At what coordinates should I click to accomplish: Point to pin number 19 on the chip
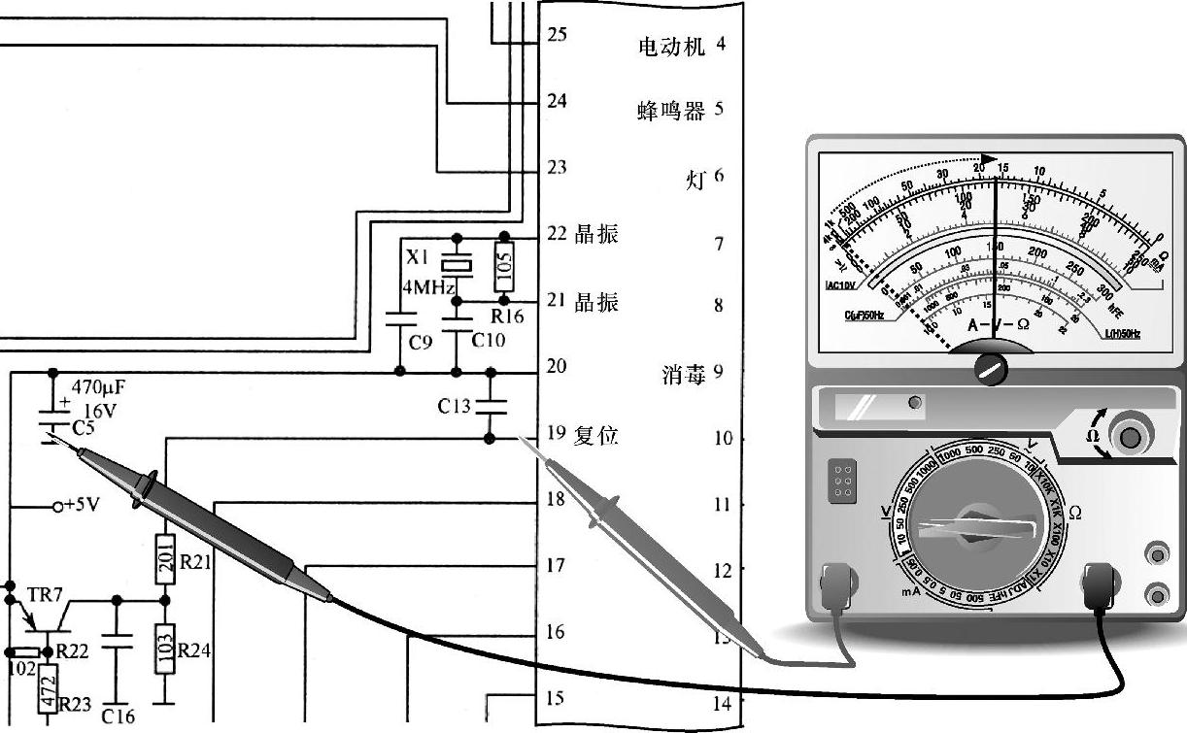point(557,434)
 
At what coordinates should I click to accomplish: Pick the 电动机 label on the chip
point(669,46)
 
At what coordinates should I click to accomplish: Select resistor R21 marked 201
point(165,558)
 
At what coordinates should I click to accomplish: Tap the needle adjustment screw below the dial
point(992,368)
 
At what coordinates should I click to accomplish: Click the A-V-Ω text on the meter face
point(999,324)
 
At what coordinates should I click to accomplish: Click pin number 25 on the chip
point(557,34)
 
